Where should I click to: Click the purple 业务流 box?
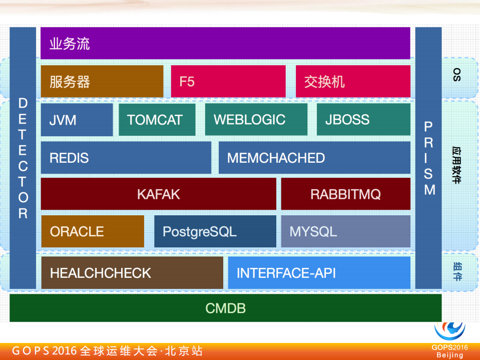pos(225,43)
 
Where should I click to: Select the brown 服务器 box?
pos(102,81)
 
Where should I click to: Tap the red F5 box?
pos(228,81)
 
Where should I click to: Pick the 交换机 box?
pos(353,81)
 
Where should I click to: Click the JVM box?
pos(77,120)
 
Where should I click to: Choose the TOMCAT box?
pos(157,120)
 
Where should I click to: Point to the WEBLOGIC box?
pos(256,120)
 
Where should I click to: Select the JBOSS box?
pos(363,120)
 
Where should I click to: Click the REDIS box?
pos(126,158)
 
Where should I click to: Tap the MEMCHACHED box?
pos(314,158)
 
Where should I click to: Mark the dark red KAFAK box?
pos(158,194)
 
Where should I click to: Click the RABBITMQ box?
pos(345,194)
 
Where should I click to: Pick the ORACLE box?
pos(93,231)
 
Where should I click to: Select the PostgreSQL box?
pos(215,231)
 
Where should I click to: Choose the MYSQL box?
pos(345,231)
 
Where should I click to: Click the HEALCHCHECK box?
pos(132,273)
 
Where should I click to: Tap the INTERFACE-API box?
pos(319,273)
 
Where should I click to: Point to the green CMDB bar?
pos(225,308)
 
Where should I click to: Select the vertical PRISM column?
pos(428,158)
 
